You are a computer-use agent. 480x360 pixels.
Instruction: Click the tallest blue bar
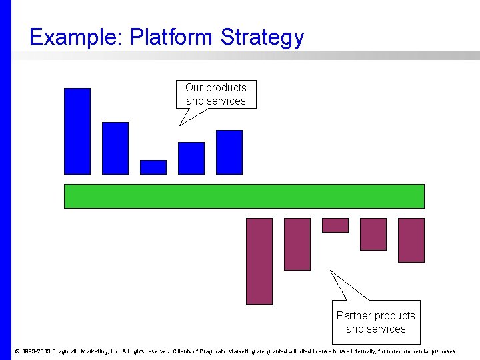(77, 131)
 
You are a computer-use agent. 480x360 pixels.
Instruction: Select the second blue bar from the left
(115, 148)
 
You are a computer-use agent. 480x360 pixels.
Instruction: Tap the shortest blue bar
(153, 167)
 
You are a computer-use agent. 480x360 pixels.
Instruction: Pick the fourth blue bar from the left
(191, 158)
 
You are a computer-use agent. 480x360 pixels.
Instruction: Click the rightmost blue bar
(229, 152)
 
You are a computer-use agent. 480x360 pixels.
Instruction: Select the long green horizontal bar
(244, 196)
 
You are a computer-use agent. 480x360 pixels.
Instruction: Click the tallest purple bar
(259, 261)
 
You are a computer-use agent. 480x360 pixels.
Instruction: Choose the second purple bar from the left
(297, 244)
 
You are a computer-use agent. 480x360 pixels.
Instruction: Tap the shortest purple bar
(335, 225)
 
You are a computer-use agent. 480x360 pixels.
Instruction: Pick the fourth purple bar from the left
(373, 234)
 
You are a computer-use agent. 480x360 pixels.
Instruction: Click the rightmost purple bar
(411, 240)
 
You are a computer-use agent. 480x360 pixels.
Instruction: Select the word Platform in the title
(172, 37)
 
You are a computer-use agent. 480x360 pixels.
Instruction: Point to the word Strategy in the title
(262, 37)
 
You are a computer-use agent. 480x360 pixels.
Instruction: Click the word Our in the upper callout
(194, 88)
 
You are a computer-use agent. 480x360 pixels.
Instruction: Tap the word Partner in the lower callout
(357, 315)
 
